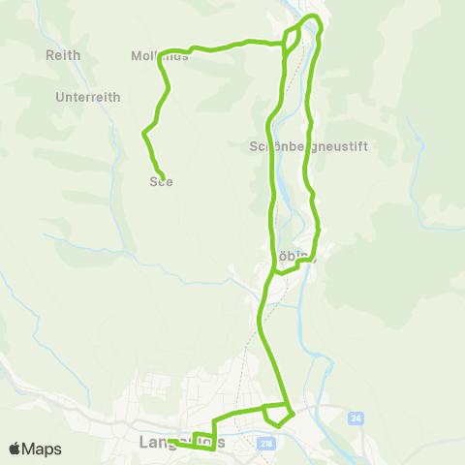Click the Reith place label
click(63, 55)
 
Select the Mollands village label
click(159, 56)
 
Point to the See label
click(161, 181)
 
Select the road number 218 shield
click(266, 443)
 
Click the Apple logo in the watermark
click(15, 449)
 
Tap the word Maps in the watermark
click(44, 449)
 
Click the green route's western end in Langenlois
click(169, 442)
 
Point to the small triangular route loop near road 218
click(277, 414)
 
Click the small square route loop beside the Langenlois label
click(202, 437)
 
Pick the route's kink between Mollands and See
click(145, 132)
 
